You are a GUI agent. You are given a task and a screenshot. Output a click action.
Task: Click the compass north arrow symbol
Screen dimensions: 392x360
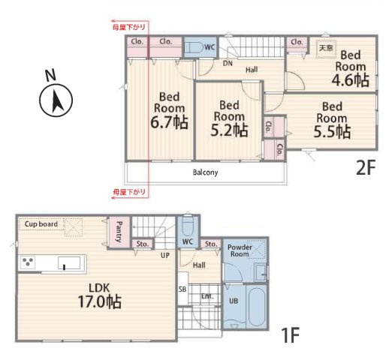click(x=56, y=100)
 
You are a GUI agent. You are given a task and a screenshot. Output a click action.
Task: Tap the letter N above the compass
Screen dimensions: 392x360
click(x=50, y=75)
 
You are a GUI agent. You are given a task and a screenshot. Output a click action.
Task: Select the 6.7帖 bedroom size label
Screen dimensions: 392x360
click(x=169, y=122)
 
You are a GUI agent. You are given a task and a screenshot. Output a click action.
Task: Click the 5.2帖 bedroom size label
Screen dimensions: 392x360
click(x=229, y=130)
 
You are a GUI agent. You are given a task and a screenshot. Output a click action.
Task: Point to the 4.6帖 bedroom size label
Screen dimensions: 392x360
click(x=351, y=80)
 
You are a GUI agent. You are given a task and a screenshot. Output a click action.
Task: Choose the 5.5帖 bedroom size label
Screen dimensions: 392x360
click(x=332, y=131)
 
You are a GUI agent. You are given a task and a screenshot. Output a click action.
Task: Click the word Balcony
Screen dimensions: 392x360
click(x=205, y=172)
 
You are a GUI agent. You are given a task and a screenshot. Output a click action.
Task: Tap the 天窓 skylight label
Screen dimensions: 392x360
click(x=326, y=47)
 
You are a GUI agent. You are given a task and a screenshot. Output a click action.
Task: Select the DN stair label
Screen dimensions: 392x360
click(x=228, y=64)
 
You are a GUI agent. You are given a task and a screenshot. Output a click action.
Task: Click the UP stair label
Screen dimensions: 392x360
click(x=165, y=255)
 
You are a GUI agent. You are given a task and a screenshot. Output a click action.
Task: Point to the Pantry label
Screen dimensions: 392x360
click(x=119, y=232)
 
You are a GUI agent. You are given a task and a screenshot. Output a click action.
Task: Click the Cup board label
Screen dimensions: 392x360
click(x=41, y=224)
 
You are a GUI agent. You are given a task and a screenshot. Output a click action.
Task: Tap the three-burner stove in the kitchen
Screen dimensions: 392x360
click(x=28, y=262)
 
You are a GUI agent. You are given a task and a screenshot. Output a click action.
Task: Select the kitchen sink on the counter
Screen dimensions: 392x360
click(x=69, y=262)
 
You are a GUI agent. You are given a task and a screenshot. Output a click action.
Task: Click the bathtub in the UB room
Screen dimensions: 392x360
click(x=257, y=307)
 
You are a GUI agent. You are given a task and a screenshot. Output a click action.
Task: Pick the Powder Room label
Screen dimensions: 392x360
click(x=240, y=250)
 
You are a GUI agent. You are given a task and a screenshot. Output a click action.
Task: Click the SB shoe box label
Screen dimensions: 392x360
click(x=182, y=289)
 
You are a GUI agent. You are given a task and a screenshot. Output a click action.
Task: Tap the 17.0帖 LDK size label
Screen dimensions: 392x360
click(x=100, y=301)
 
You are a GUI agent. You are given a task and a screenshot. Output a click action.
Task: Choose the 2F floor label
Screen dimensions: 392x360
click(x=366, y=168)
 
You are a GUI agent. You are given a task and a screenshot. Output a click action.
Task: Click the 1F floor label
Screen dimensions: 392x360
click(x=291, y=335)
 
